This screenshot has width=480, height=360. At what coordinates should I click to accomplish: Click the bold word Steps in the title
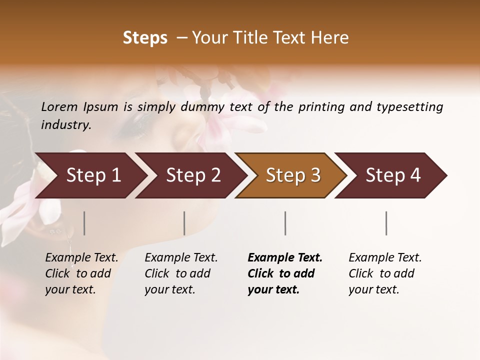pyautogui.click(x=145, y=38)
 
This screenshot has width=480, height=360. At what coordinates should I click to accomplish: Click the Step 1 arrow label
pyautogui.click(x=93, y=175)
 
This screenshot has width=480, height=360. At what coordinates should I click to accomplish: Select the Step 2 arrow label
pyautogui.click(x=193, y=175)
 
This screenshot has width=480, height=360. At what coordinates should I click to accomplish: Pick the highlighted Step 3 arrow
pyautogui.click(x=293, y=175)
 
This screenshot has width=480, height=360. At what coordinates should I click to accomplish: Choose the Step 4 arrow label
pyautogui.click(x=393, y=175)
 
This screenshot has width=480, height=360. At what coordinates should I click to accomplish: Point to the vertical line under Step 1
pyautogui.click(x=84, y=223)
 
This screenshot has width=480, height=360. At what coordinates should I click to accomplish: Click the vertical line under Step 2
pyautogui.click(x=184, y=223)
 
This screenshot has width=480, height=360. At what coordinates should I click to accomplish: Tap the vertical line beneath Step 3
pyautogui.click(x=285, y=223)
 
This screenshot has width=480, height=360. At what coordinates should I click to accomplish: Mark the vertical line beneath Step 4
pyautogui.click(x=386, y=223)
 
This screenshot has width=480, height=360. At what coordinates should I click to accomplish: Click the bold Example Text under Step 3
pyautogui.click(x=285, y=258)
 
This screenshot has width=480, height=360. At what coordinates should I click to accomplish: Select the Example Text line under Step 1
pyautogui.click(x=81, y=258)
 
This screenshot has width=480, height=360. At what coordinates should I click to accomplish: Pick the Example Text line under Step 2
pyautogui.click(x=181, y=258)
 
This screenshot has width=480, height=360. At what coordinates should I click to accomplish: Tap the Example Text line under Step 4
pyautogui.click(x=385, y=258)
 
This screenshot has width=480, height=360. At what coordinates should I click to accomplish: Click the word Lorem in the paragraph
pyautogui.click(x=59, y=107)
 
